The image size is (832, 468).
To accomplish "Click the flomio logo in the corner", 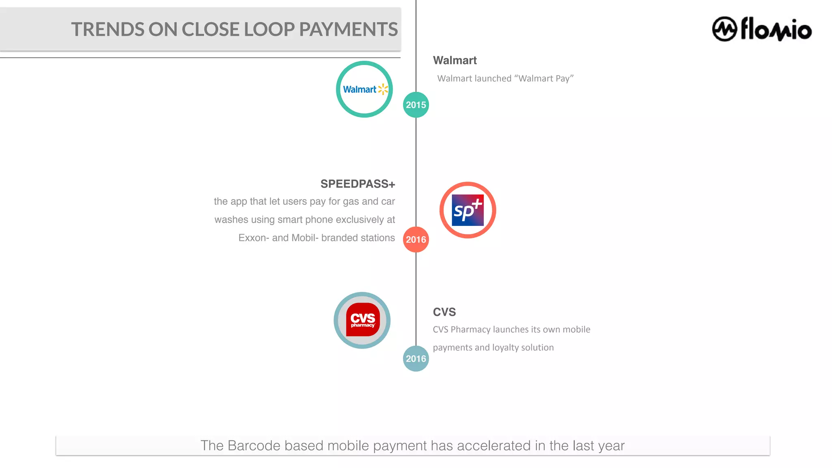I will point(762,29).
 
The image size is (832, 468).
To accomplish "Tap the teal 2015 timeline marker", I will point(416,105).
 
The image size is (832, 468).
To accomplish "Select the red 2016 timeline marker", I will point(416,239).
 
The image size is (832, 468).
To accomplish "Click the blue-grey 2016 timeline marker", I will point(416,358).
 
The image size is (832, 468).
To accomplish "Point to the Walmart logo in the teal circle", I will point(364,89).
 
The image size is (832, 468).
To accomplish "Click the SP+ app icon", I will point(468,210).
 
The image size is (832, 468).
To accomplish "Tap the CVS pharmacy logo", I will point(362,320).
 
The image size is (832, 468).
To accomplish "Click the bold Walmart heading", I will point(455,61).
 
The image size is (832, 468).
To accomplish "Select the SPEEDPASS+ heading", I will point(357,184).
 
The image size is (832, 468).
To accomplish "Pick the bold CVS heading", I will point(444,312).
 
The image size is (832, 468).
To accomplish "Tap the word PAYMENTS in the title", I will point(348,30).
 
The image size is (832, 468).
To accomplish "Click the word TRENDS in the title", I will point(108,30).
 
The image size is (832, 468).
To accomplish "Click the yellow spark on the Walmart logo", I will point(383,89).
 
